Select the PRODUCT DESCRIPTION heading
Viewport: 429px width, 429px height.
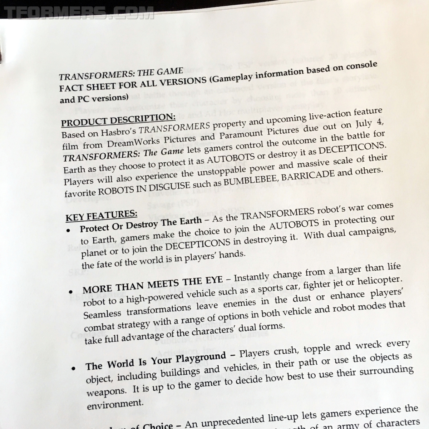tap(118, 120)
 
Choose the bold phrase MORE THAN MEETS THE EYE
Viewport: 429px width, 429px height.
tap(153, 283)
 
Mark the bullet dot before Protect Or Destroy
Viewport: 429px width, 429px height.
tap(68, 231)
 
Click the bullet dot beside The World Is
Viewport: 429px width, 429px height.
tap(73, 369)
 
